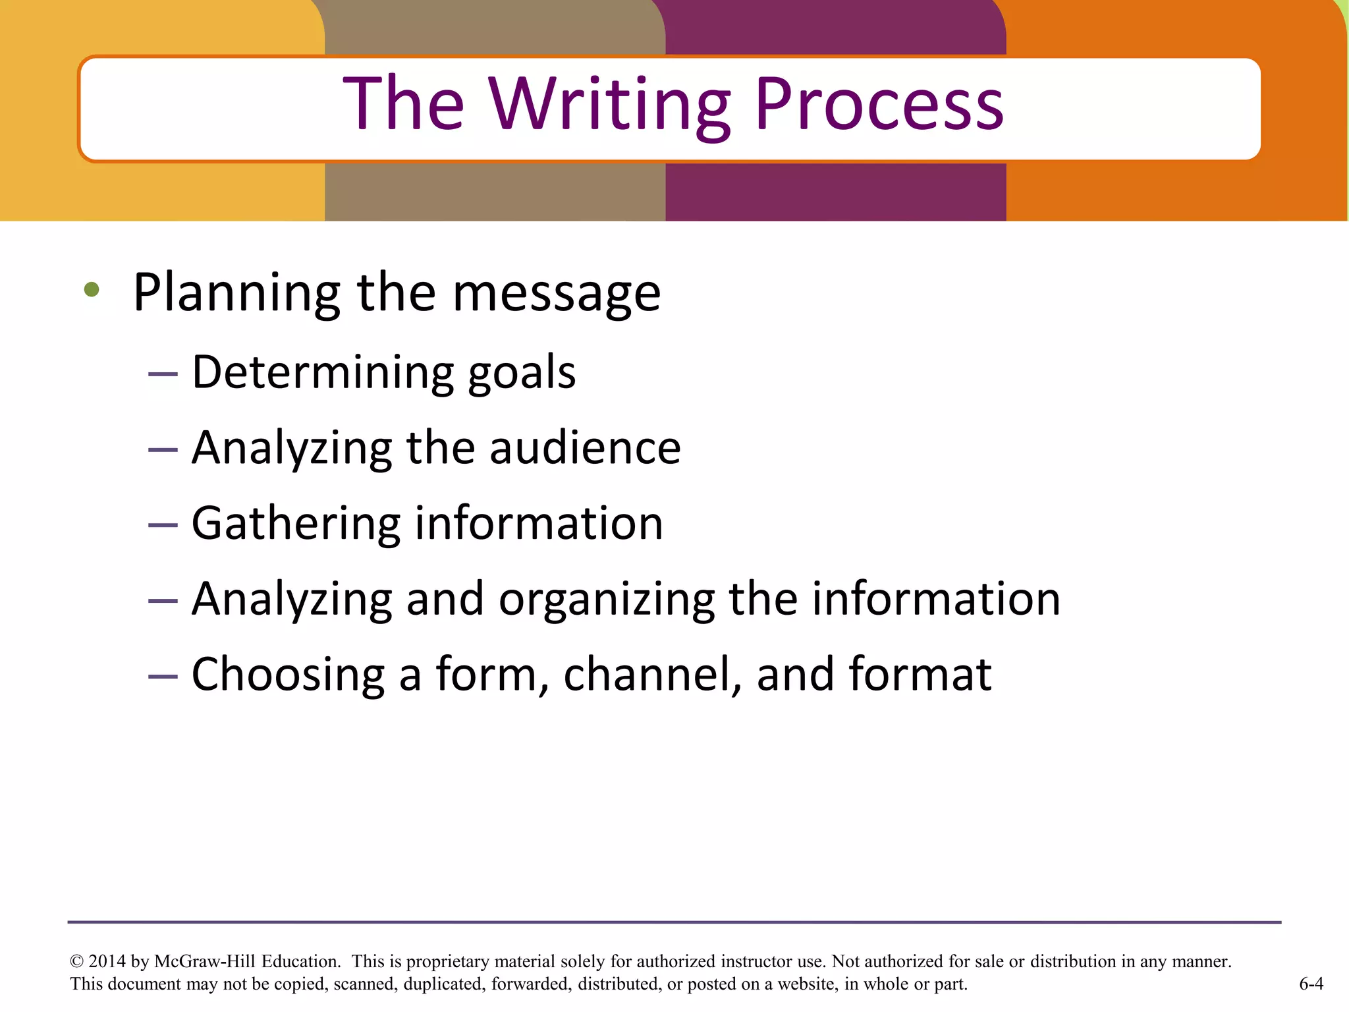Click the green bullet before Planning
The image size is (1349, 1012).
[x=92, y=289]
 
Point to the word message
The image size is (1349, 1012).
[x=557, y=293]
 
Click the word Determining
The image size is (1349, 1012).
[x=323, y=373]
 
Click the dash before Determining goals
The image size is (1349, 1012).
[x=163, y=375]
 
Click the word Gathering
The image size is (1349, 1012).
[x=295, y=524]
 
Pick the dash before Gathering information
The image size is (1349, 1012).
[x=163, y=526]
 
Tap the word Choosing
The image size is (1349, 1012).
[x=288, y=675]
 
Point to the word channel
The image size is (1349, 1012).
[x=653, y=675]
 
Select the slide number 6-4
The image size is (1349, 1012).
[x=1311, y=984]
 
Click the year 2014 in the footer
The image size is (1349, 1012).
[x=107, y=961]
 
